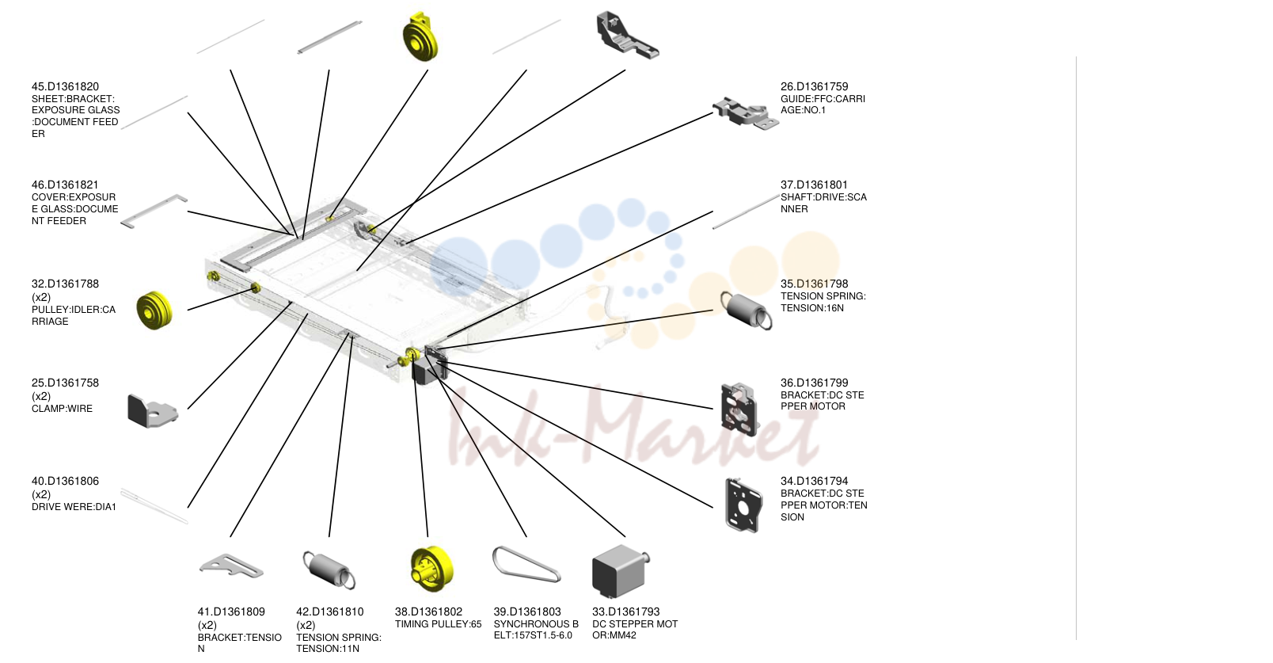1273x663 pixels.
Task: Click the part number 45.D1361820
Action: click(x=65, y=86)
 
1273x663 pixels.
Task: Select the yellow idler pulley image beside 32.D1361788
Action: click(x=154, y=310)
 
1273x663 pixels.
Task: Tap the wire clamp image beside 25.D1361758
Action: click(x=152, y=410)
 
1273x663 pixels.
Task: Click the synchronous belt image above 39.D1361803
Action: click(x=526, y=564)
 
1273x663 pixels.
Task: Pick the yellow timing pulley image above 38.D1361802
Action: click(x=431, y=570)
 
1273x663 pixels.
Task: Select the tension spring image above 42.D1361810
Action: click(x=329, y=570)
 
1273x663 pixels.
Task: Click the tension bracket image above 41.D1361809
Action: click(x=230, y=566)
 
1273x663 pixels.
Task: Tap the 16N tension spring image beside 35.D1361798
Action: click(x=747, y=310)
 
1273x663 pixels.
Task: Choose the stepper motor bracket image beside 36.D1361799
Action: click(x=739, y=410)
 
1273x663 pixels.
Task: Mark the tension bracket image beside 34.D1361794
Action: click(x=743, y=505)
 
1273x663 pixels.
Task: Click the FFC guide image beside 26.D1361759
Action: click(x=745, y=113)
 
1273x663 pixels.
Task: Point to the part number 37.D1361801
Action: click(x=814, y=185)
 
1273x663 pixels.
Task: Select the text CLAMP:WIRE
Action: click(x=62, y=408)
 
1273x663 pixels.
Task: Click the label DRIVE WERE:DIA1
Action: click(x=74, y=507)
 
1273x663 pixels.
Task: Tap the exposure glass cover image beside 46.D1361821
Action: click(x=154, y=211)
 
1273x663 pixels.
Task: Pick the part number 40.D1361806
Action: click(x=65, y=481)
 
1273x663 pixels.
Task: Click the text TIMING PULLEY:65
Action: click(x=438, y=623)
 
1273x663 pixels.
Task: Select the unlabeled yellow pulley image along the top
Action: click(x=420, y=37)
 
